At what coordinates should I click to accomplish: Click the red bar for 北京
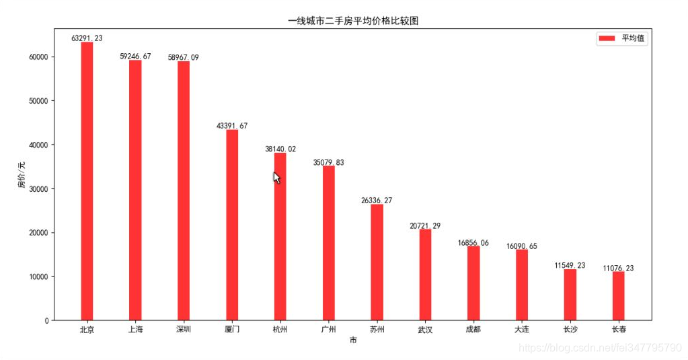tap(87, 182)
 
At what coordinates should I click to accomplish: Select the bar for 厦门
tap(232, 225)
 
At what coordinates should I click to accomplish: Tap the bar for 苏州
tap(377, 262)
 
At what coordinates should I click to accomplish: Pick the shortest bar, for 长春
tap(619, 296)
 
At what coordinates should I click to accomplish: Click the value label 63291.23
tap(87, 38)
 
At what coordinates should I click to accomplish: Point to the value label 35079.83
tap(329, 162)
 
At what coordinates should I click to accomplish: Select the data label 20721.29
tap(425, 225)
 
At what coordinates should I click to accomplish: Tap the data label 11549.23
tap(570, 266)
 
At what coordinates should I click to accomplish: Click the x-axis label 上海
tap(135, 330)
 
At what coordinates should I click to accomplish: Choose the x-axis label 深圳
tap(184, 330)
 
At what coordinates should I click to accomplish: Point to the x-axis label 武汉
tap(425, 330)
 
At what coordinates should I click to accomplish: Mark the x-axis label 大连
tap(522, 330)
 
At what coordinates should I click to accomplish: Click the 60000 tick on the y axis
tap(38, 57)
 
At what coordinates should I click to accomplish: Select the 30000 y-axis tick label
tap(38, 189)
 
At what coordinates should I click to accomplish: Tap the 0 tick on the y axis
tap(46, 321)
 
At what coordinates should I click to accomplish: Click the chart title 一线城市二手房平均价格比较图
tap(353, 21)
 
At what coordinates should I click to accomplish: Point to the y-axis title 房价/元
tap(22, 175)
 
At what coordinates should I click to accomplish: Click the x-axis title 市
tap(353, 341)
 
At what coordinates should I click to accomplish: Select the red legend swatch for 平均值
tap(606, 39)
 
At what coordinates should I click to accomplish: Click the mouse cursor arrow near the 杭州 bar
tap(276, 177)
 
